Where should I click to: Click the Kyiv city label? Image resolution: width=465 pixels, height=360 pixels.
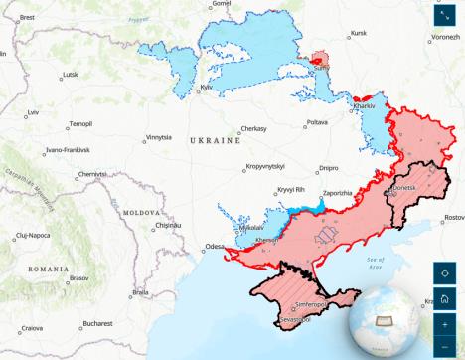click(207, 88)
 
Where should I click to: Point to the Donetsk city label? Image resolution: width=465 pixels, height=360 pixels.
click(408, 186)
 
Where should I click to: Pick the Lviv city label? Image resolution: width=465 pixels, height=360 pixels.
click(33, 112)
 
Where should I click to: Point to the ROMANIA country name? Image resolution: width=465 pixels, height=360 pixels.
click(48, 270)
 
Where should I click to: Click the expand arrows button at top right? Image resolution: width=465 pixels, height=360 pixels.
click(445, 16)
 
